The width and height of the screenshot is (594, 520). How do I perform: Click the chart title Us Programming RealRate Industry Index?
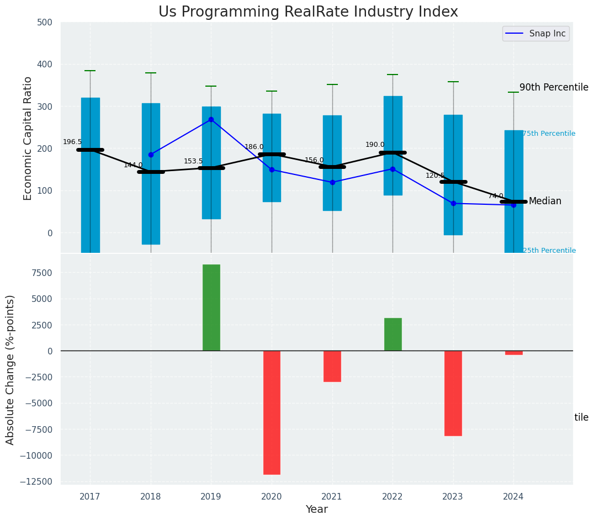308,12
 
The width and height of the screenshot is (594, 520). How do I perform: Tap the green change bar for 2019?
211,307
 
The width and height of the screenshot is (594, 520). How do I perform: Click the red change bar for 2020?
272,412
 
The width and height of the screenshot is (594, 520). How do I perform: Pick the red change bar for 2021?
332,366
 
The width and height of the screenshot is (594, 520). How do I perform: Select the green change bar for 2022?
393,334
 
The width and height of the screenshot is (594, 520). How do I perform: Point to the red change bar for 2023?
453,393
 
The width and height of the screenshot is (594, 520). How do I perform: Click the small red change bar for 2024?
513,353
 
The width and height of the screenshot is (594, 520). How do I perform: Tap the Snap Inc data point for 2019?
211,119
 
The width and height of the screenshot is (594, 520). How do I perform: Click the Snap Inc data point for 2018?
151,155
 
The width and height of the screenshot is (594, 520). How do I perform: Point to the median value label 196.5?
72,142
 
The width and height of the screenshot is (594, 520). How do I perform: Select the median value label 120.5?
435,176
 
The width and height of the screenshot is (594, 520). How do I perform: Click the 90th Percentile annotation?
554,87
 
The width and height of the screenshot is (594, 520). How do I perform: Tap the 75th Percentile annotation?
549,134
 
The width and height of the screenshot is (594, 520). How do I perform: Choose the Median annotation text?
545,201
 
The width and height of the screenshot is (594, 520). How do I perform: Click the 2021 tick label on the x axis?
332,497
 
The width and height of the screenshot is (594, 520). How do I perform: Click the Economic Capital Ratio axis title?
28,138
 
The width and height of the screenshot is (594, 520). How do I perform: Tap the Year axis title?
317,510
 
